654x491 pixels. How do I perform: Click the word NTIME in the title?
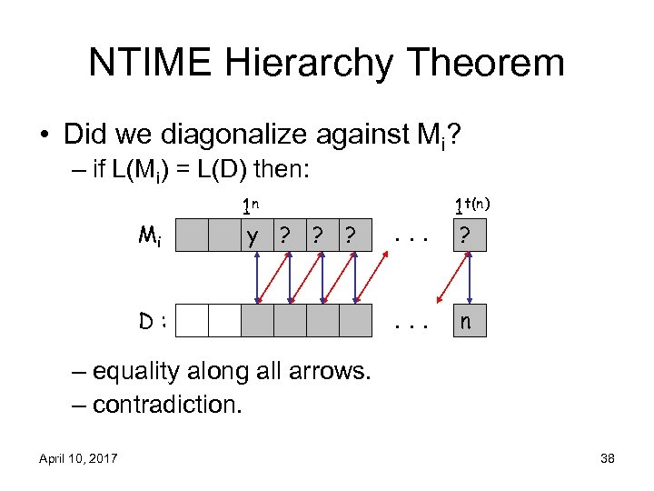[x=151, y=63]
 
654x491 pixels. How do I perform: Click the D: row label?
[x=152, y=321]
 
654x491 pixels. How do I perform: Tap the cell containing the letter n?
[x=470, y=320]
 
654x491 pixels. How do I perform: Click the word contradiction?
[x=167, y=404]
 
